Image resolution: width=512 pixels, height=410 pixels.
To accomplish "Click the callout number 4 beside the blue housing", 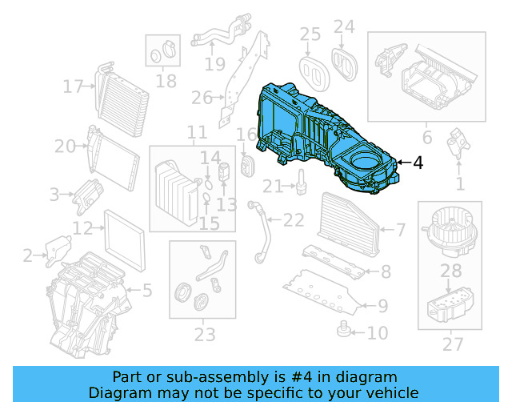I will tap(418, 163).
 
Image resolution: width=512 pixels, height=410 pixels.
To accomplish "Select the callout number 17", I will tap(74, 86).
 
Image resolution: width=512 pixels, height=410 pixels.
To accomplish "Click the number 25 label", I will tap(310, 34).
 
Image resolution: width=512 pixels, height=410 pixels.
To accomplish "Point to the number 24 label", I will tap(344, 27).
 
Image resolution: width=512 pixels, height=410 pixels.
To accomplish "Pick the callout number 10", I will tap(377, 332).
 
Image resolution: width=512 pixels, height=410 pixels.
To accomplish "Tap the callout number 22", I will tap(294, 219).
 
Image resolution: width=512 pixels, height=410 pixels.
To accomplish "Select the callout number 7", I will tap(401, 231).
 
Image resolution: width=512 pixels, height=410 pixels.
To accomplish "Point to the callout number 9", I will tap(382, 304).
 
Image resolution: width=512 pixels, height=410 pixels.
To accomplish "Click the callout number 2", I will tap(28, 255).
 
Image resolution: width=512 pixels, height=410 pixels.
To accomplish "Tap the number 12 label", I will tap(82, 228).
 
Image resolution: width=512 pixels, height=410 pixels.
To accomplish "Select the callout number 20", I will tap(65, 146).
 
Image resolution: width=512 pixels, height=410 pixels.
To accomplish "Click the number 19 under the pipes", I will tap(214, 63).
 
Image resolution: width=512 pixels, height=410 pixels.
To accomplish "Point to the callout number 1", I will tap(459, 185).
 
